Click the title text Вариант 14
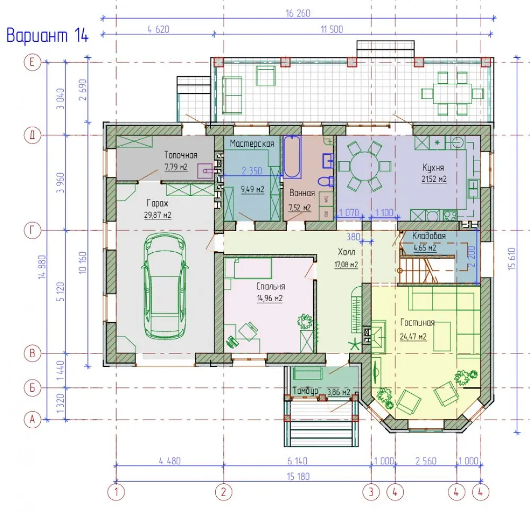[x=47, y=36]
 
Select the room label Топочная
[x=181, y=155]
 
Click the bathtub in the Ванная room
[x=292, y=156]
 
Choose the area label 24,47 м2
[x=413, y=337]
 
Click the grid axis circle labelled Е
[x=32, y=62]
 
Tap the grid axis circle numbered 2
[x=224, y=492]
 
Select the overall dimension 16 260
[x=298, y=13]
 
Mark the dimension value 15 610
[x=512, y=259]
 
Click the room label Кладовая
[x=429, y=236]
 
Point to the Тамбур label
[x=305, y=391]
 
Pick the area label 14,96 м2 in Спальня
[x=270, y=298]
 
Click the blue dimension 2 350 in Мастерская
[x=252, y=171]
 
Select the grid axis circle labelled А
[x=32, y=420]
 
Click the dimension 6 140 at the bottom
[x=297, y=461]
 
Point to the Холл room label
[x=347, y=252]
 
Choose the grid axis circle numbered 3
[x=371, y=492]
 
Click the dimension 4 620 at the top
[x=158, y=29]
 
